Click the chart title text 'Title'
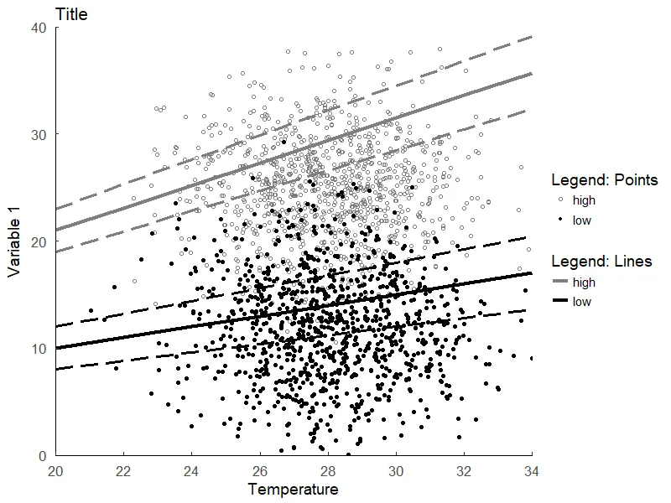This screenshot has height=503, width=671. [70, 14]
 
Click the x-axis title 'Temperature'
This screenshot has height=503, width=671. [293, 490]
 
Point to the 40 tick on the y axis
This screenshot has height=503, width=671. [39, 28]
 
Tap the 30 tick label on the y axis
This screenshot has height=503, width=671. [39, 135]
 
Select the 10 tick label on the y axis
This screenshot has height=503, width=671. [39, 349]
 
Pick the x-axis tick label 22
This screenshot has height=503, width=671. [123, 471]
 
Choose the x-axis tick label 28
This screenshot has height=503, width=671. [327, 471]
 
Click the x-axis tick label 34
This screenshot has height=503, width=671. [531, 471]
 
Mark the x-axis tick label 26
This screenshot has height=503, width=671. [259, 471]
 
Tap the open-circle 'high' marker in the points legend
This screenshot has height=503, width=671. [560, 201]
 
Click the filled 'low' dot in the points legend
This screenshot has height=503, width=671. [560, 221]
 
